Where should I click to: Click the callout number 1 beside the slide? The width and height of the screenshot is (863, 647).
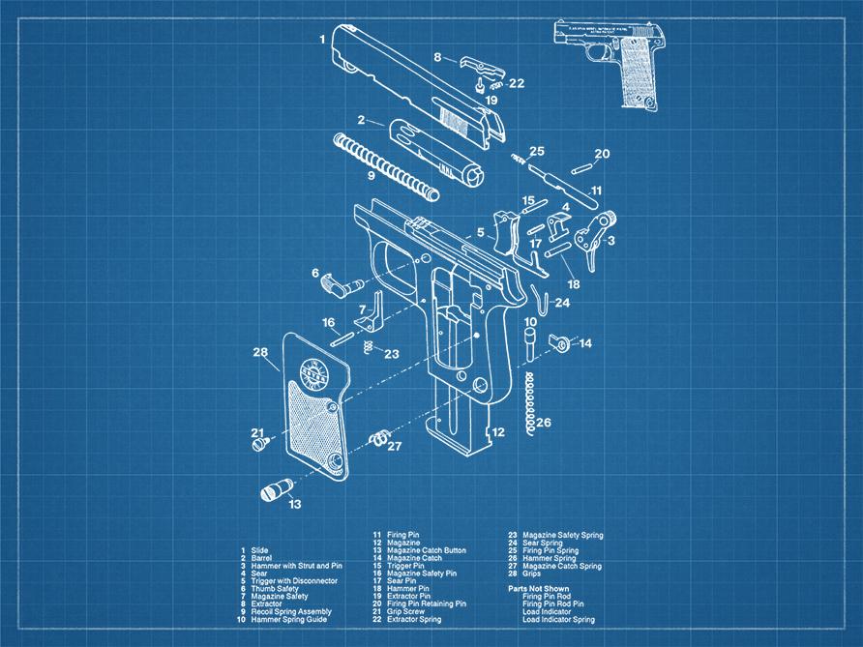(x=322, y=40)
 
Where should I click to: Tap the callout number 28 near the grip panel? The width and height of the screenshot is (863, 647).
(x=260, y=352)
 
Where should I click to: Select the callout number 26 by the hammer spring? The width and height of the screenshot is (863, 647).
(x=544, y=423)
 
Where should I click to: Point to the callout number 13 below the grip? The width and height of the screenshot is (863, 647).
(x=294, y=503)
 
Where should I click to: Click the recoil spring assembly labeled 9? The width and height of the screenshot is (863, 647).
(x=387, y=161)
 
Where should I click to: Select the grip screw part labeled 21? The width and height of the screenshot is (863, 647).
(x=259, y=446)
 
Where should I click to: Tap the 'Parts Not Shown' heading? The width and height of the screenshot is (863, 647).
(x=539, y=588)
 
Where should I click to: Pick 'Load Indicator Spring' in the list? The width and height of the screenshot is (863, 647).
(x=558, y=619)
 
